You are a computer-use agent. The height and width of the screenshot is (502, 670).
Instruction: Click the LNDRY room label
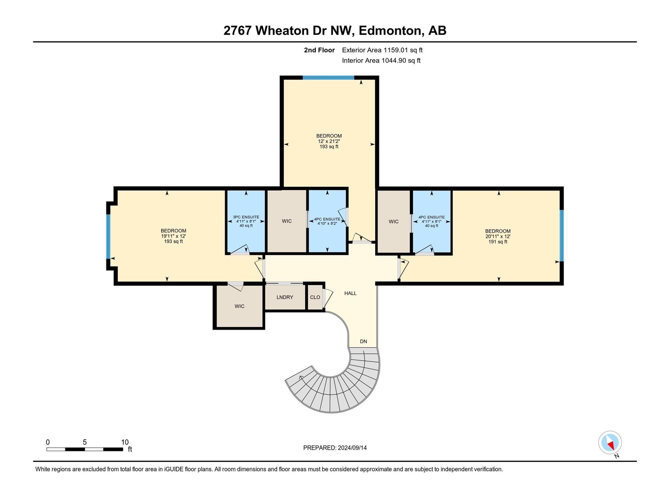(285, 297)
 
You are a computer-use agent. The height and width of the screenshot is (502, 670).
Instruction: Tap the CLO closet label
(315, 297)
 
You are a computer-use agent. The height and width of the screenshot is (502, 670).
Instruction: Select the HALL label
(350, 293)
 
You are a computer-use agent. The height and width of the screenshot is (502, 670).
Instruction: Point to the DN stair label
(363, 341)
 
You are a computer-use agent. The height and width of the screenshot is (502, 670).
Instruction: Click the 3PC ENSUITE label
(246, 217)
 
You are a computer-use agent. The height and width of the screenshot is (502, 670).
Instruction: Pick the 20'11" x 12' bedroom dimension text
(498, 236)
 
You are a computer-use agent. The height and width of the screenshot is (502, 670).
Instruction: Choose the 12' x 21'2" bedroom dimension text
(329, 141)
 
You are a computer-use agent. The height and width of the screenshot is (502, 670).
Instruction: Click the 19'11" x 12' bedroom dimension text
(173, 236)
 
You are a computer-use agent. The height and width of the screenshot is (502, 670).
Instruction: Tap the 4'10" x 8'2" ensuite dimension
(327, 223)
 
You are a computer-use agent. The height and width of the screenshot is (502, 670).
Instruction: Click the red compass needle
(611, 446)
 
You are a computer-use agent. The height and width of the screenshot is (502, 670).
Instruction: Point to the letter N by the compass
(616, 456)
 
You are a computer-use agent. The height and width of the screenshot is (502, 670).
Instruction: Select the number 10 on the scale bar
(125, 442)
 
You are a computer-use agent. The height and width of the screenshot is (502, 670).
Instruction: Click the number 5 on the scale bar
(85, 442)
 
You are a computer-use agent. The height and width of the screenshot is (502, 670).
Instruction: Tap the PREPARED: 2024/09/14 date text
(335, 448)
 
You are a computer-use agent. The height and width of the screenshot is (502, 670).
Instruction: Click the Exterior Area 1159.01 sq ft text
(382, 50)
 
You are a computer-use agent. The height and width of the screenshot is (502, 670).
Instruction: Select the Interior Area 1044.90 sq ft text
(381, 60)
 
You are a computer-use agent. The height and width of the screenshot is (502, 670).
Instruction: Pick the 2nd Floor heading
(319, 50)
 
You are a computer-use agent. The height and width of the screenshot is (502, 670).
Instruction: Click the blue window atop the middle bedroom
(328, 78)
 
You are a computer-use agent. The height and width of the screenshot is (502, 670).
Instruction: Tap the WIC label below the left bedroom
(239, 306)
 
